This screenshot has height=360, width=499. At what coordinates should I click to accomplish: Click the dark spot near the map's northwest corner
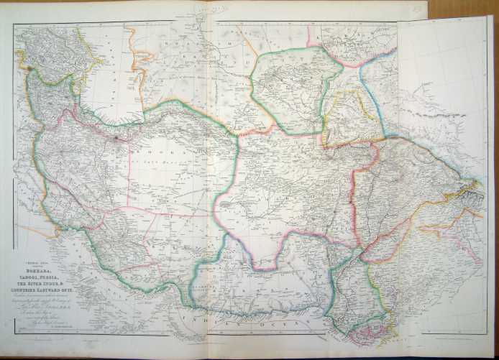click(29, 68)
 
